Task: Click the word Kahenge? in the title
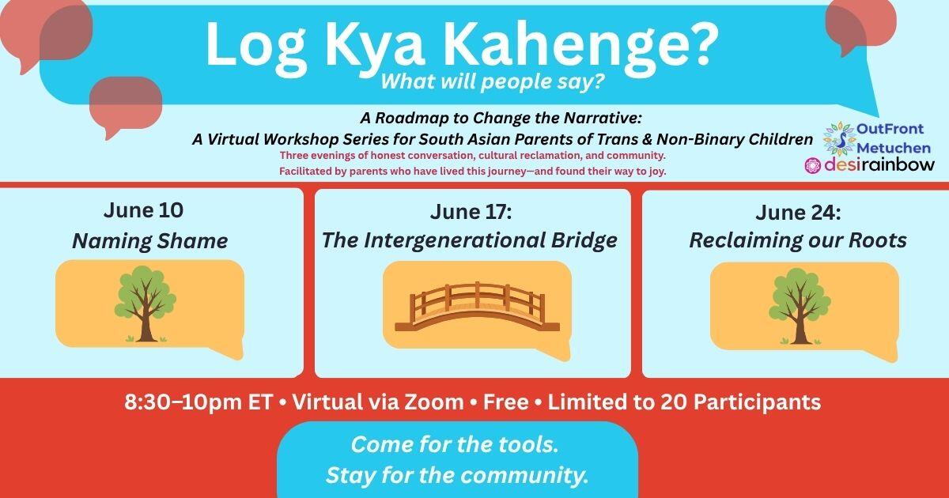click(x=580, y=47)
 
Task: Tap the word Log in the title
click(x=256, y=47)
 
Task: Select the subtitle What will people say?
click(x=492, y=81)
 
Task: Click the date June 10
click(x=143, y=210)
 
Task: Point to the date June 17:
click(x=471, y=212)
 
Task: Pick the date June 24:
click(x=798, y=212)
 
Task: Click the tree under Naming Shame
click(x=145, y=304)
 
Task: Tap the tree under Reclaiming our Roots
click(x=800, y=306)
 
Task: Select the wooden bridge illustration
click(x=477, y=307)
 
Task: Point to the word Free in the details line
click(x=506, y=402)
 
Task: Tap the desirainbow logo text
click(x=879, y=165)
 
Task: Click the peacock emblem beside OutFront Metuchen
click(x=839, y=138)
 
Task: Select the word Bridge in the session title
click(x=584, y=240)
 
